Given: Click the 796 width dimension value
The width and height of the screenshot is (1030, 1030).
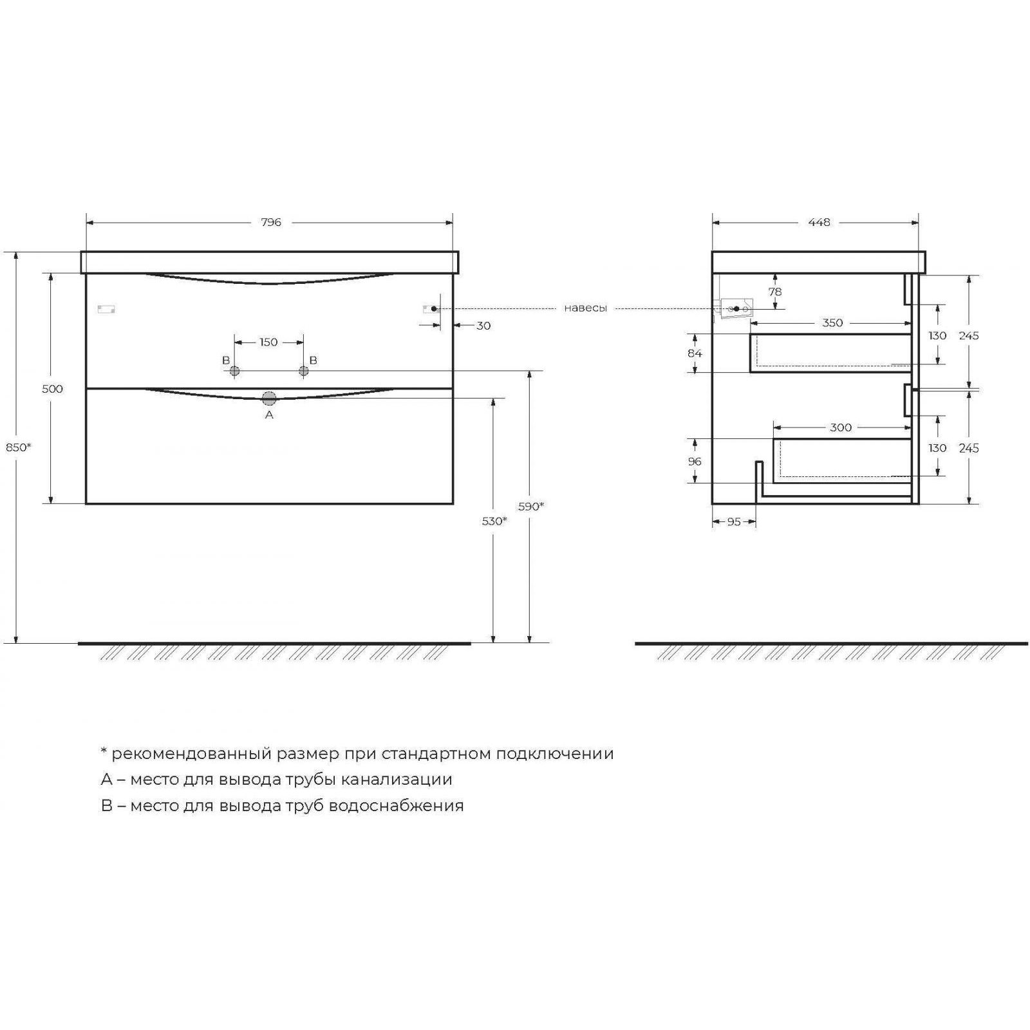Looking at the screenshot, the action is pos(271,222).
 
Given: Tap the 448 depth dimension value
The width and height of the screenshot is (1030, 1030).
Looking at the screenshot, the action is pos(819,222).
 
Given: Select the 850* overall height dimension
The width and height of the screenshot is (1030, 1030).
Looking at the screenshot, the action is pos(18,447).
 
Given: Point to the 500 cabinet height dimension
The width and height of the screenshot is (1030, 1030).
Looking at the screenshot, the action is pos(52,389).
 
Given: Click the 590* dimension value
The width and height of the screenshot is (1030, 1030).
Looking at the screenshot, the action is pos(531,506).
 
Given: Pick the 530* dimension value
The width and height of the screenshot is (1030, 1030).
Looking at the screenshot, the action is pos(494,521).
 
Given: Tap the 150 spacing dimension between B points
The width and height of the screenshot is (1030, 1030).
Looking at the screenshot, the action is pos(268,342).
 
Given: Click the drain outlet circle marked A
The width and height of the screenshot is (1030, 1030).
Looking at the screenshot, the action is pos(269,398).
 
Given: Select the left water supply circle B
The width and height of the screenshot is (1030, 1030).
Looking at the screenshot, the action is pos(234,371).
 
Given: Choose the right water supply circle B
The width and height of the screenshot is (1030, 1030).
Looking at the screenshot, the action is pos(303,371).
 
